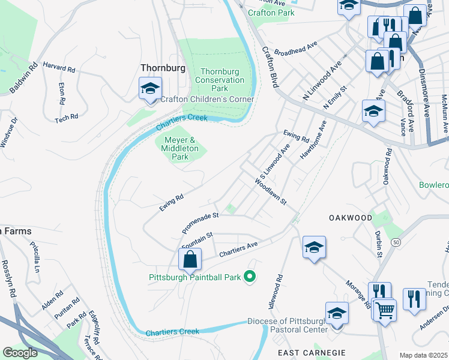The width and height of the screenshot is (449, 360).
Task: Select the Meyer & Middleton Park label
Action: click(180, 148)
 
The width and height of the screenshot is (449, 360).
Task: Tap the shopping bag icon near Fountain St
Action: click(190, 259)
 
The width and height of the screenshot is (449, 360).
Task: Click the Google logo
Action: click(20, 353)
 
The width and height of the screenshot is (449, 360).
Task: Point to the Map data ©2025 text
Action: click(424, 355)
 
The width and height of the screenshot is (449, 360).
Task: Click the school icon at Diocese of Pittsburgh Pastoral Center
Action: click(337, 314)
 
